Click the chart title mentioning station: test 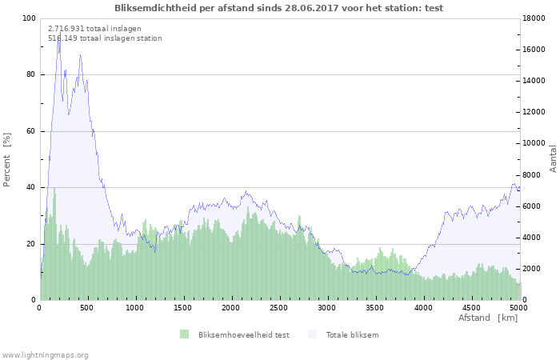pos(278,8)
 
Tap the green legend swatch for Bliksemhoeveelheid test pos(184,334)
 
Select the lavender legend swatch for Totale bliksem pos(312,334)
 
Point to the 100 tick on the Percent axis pos(29,18)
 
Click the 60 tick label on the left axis pos(30,131)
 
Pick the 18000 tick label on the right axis pos(534,18)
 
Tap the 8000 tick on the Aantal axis pos(532,175)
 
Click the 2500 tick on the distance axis pos(278,308)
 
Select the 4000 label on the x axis pos(423,308)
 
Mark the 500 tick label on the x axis pos(86,308)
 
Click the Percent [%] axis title pos(6,160)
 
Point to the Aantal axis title pos(553,159)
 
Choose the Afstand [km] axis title pos(488,318)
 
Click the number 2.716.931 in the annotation pos(66,29)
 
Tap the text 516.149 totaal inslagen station pos(105,38)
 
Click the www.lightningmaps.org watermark pos(45,355)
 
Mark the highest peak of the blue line pos(60,32)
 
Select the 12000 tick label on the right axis pos(534,112)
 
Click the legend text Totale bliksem pos(352,334)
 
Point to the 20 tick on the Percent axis pos(30,244)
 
